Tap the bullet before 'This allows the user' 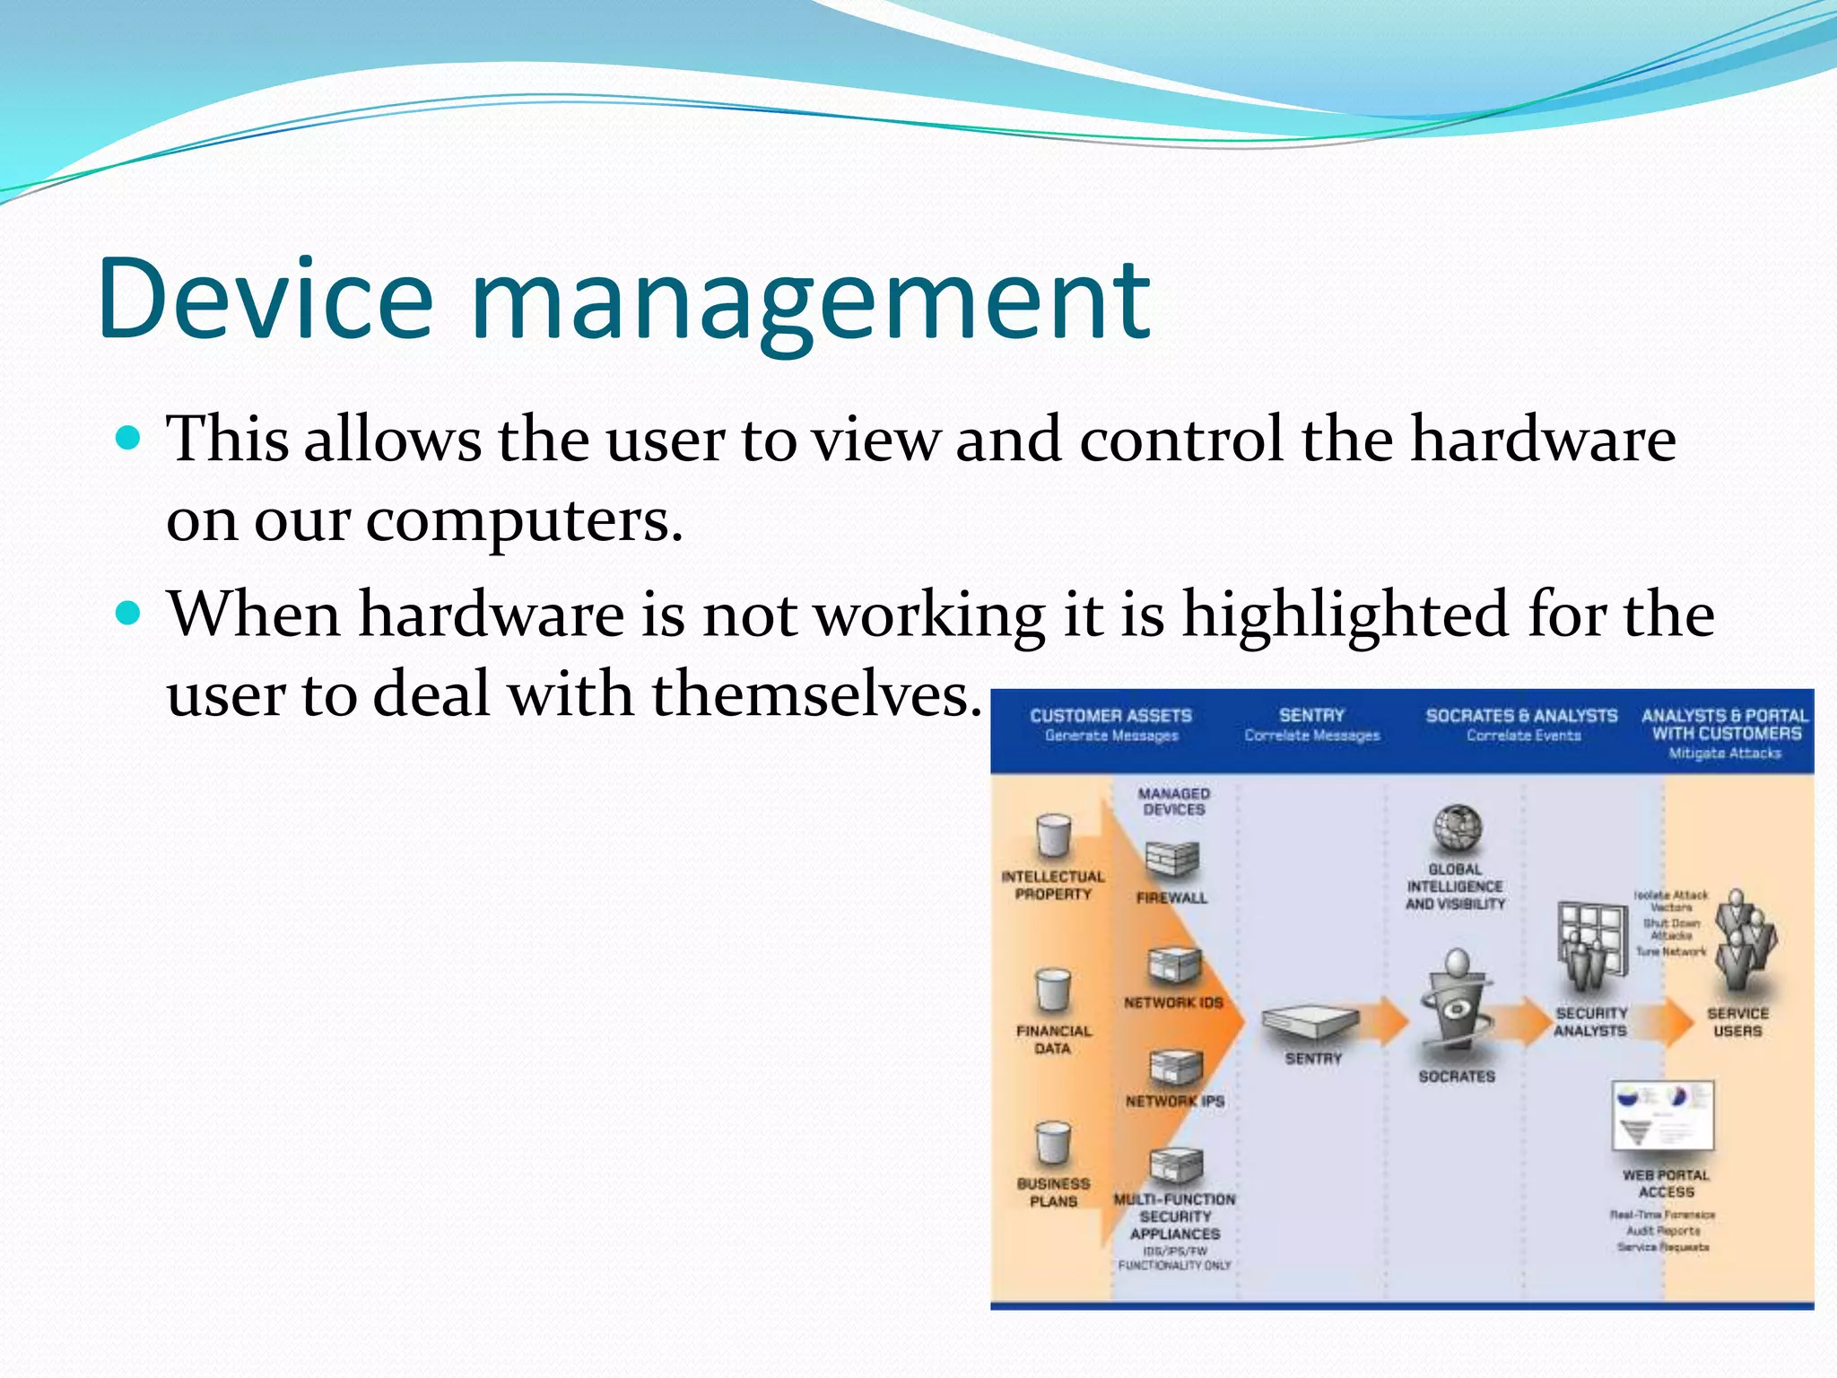pos(130,439)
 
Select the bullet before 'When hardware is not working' pos(130,614)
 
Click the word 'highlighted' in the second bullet pos(1345,617)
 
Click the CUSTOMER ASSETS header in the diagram pos(1110,716)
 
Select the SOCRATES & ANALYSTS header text pos(1521,716)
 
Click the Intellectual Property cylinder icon pos(1053,836)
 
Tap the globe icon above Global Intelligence pos(1457,827)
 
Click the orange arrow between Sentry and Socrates pos(1382,1023)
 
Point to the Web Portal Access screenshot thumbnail pos(1663,1116)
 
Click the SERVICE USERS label pos(1737,1022)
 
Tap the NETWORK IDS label pos(1173,1003)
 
